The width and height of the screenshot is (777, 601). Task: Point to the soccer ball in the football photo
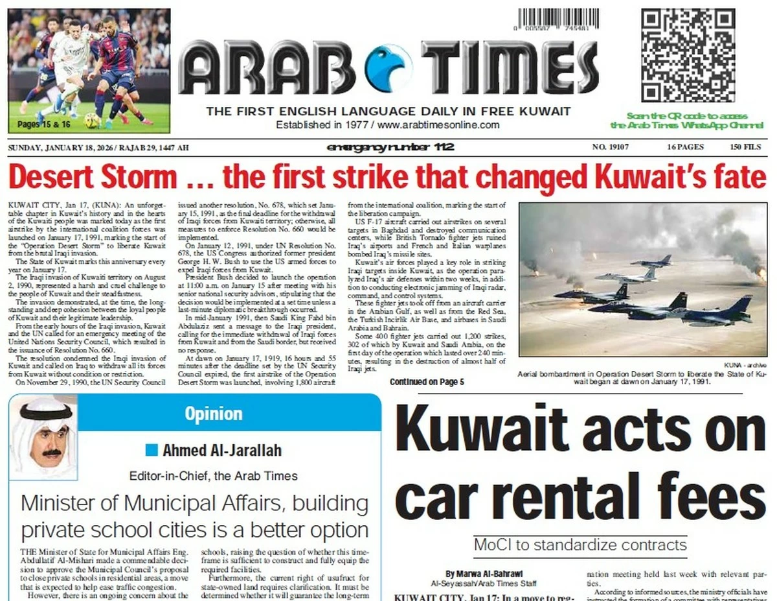92,120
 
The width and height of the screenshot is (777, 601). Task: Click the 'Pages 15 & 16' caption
44,123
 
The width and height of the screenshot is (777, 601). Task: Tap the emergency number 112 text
390,147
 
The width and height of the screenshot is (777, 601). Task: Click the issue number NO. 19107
610,147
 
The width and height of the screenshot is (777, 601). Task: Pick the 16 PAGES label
685,147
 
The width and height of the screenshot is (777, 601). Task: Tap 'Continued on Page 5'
427,382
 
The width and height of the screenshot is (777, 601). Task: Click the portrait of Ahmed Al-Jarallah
44,436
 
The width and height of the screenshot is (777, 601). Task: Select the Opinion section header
213,413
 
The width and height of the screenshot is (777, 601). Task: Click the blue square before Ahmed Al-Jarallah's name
152,449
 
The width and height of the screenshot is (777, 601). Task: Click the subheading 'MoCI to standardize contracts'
580,544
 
